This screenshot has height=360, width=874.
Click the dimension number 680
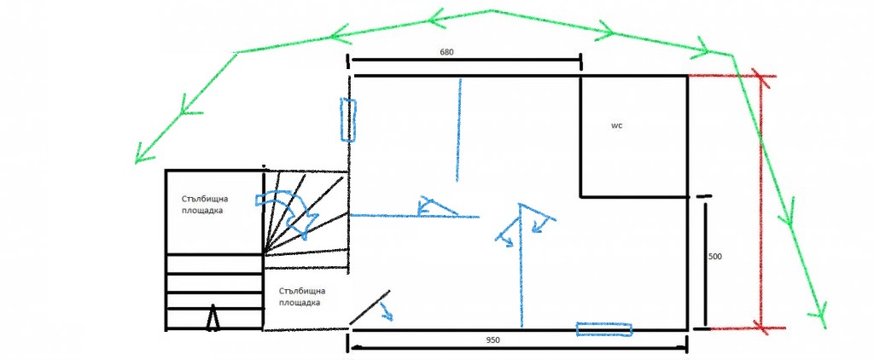point(446,52)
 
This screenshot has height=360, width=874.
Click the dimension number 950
point(492,340)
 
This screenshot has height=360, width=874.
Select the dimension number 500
point(715,257)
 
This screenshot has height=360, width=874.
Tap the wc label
point(616,126)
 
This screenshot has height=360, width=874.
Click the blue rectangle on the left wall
point(348,119)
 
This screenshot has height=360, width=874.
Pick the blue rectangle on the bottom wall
point(604,330)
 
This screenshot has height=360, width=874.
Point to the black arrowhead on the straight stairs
point(213,317)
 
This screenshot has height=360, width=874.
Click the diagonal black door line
point(369,307)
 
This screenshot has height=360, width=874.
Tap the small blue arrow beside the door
point(387,312)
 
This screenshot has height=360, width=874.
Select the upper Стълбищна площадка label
point(205,205)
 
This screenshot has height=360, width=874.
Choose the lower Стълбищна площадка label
point(301,297)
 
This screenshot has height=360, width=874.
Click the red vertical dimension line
point(761,200)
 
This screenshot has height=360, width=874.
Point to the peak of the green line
point(491,10)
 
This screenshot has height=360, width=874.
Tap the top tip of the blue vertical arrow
point(520,205)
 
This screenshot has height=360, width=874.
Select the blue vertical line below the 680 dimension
point(458,131)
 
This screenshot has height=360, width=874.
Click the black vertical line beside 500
point(706,264)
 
